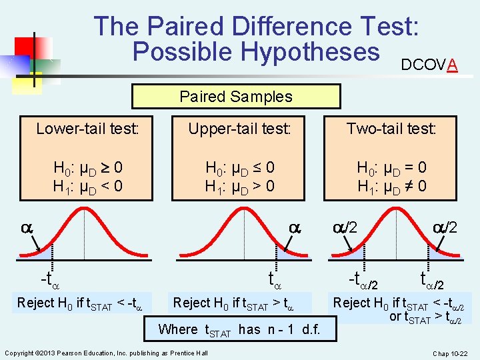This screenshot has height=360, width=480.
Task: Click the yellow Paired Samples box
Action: (x=236, y=96)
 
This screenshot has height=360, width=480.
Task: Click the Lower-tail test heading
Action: (x=88, y=129)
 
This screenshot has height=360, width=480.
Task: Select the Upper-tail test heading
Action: (x=239, y=129)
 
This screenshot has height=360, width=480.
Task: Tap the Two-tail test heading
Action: (x=391, y=129)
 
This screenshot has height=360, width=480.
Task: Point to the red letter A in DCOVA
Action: (x=452, y=65)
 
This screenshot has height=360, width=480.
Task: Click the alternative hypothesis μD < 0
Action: (x=88, y=185)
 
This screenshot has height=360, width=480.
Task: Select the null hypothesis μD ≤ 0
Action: (x=239, y=167)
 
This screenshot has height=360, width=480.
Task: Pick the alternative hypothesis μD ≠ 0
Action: (x=391, y=185)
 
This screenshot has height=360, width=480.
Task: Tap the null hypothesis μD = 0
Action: (x=391, y=167)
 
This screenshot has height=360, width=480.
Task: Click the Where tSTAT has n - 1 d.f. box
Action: (x=239, y=329)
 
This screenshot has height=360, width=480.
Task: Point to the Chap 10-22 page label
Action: (x=450, y=353)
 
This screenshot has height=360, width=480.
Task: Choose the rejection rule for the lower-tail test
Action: (x=84, y=303)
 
